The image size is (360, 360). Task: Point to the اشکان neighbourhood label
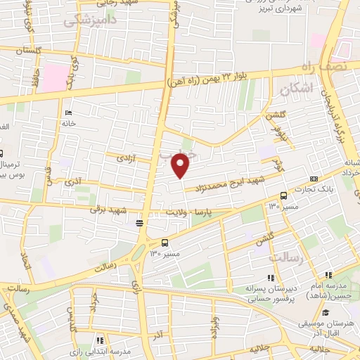295,89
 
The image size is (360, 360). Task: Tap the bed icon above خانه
68,112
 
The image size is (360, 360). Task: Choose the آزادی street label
124,159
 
